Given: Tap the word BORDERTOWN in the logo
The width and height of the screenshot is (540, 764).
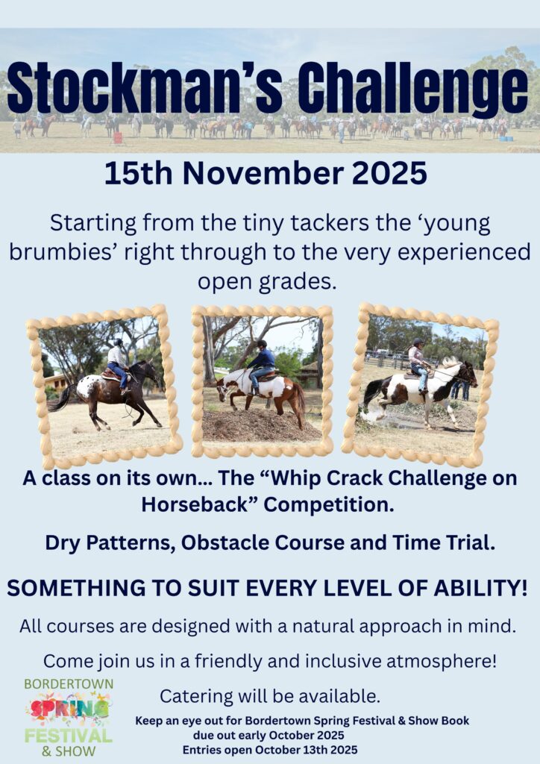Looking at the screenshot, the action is pos(69,684).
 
